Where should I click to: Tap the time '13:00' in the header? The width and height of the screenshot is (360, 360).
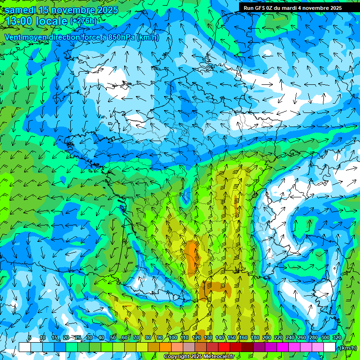(22, 21)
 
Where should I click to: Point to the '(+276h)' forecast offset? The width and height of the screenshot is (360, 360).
(83, 21)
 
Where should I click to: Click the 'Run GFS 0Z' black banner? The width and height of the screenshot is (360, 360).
(292, 7)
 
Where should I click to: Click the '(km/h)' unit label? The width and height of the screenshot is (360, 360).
(348, 347)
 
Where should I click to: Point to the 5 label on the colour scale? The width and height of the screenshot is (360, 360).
(30, 338)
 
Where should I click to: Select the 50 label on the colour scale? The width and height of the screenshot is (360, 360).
(112, 338)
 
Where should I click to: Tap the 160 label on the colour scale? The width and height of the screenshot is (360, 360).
(242, 338)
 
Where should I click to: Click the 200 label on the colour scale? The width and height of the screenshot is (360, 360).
(266, 338)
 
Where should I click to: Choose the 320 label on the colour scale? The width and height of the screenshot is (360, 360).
(337, 338)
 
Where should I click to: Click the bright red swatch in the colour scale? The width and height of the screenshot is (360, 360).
(224, 347)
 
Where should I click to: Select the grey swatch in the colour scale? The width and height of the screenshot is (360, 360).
(189, 347)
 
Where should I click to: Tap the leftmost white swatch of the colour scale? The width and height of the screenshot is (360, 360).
(24, 347)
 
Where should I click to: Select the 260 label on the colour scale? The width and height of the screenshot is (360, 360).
(301, 338)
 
